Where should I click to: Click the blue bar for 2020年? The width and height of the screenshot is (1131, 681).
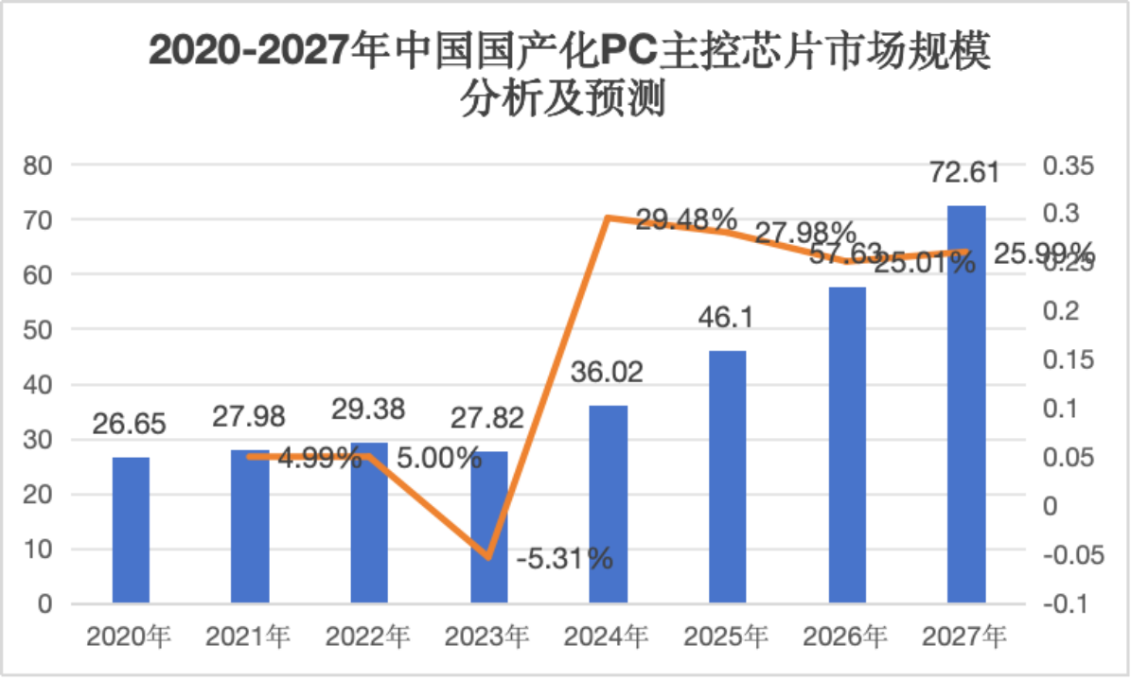(131, 530)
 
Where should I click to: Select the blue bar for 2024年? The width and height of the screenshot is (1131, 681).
(609, 504)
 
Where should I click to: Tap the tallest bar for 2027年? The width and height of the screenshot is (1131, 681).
(966, 404)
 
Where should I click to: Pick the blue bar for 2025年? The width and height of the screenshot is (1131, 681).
(728, 477)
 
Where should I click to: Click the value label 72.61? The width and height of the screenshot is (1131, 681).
(965, 176)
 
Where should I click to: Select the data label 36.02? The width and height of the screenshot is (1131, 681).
(608, 371)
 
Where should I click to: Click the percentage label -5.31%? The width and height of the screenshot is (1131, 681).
(565, 559)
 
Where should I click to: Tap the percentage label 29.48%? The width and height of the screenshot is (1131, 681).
(686, 220)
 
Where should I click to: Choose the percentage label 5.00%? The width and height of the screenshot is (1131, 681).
(439, 459)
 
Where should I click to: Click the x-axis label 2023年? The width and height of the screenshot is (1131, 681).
(487, 637)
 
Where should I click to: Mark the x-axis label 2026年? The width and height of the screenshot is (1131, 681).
(847, 637)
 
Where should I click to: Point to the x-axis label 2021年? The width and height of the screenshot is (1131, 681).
(249, 637)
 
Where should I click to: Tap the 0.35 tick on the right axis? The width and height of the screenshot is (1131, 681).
(1068, 166)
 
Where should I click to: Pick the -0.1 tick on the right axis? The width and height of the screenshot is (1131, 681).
(1066, 603)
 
